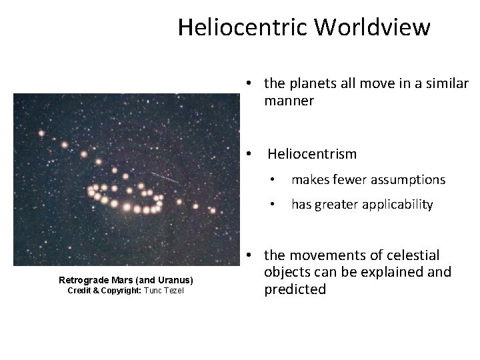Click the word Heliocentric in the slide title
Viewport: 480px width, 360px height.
tap(243, 28)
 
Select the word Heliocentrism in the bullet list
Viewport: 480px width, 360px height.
tap(312, 154)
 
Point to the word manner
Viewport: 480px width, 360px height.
tap(289, 101)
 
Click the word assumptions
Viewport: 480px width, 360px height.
tap(409, 179)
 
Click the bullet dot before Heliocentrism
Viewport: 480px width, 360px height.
tap(248, 154)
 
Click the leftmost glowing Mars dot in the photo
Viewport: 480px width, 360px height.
tap(41, 133)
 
